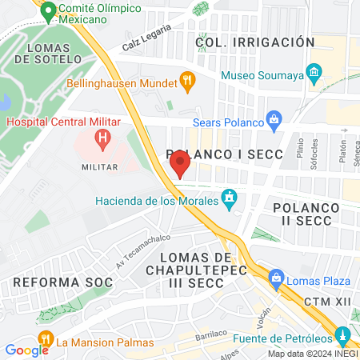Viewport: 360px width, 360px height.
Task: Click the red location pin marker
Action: [x=179, y=164]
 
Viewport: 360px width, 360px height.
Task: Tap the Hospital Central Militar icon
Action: [x=102, y=138]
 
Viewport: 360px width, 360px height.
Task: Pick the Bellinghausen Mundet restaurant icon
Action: [x=187, y=79]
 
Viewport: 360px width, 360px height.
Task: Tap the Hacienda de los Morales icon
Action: [x=230, y=197]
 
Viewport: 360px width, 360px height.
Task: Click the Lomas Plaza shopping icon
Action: [x=277, y=279]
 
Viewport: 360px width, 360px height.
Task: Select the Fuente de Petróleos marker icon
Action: [x=343, y=334]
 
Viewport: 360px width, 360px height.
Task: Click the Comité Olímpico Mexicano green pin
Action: [x=48, y=12]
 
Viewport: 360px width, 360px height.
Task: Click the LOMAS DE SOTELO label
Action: [x=54, y=53]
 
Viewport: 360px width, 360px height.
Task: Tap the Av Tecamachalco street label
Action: [x=133, y=254]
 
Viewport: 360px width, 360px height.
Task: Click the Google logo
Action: [x=26, y=350]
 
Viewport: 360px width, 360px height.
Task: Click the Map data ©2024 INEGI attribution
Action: [x=312, y=354]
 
